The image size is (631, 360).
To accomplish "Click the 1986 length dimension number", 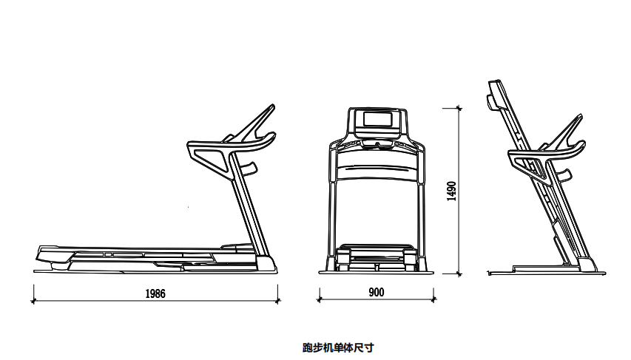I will pyautogui.click(x=155, y=293).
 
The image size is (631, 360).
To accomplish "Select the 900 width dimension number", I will pyautogui.click(x=376, y=293).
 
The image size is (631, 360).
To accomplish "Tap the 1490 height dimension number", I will pyautogui.click(x=452, y=191).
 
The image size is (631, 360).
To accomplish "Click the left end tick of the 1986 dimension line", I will pyautogui.click(x=33, y=301).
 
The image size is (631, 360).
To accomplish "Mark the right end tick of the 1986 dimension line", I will pyautogui.click(x=278, y=301).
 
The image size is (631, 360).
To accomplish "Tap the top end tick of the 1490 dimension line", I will pyautogui.click(x=459, y=108).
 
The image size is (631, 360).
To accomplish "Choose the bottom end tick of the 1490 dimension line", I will pyautogui.click(x=459, y=274).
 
